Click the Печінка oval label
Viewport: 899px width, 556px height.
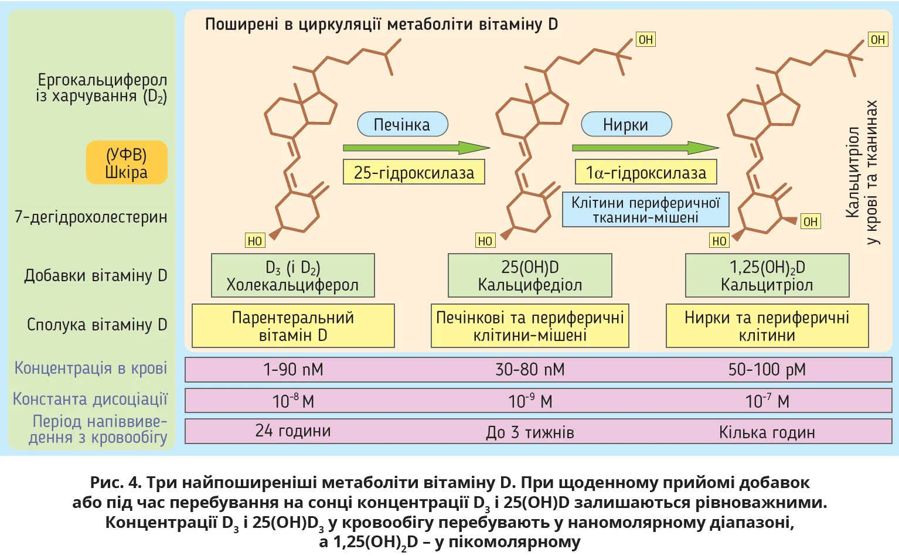(x=403, y=124)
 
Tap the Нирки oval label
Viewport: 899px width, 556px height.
(x=626, y=124)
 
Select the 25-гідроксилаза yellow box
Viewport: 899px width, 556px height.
(x=414, y=172)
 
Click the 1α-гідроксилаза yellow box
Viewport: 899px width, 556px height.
(x=646, y=172)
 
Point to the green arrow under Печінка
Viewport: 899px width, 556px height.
(x=416, y=148)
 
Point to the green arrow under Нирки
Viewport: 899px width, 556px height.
(x=645, y=148)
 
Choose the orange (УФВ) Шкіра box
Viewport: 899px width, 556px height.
(x=127, y=163)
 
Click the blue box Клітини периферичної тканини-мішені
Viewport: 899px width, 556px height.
(x=645, y=210)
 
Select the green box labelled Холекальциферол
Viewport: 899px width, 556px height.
(x=292, y=275)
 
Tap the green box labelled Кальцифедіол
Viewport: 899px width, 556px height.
(x=530, y=275)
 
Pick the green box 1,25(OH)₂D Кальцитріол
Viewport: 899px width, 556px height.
(x=767, y=275)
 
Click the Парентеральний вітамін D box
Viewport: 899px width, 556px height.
(x=293, y=326)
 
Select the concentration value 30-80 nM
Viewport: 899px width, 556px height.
(x=530, y=370)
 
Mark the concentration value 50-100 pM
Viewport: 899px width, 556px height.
(x=767, y=370)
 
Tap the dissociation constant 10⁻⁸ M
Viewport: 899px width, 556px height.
(x=293, y=401)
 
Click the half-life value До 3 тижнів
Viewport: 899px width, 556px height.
(x=530, y=432)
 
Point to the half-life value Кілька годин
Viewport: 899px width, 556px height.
(x=767, y=432)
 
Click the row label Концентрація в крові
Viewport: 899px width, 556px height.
(x=91, y=368)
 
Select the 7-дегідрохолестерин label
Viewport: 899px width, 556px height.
(x=91, y=217)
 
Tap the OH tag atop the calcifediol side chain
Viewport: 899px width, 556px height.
(x=646, y=40)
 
